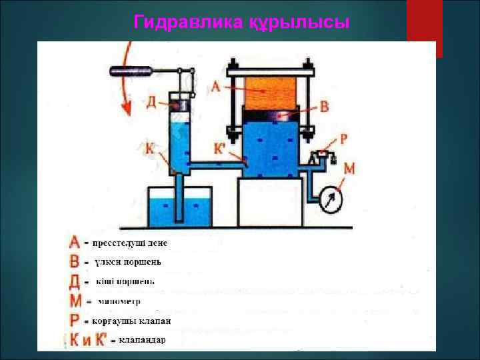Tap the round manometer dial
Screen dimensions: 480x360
[x=329, y=199]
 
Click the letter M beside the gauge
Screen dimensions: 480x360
[x=349, y=169]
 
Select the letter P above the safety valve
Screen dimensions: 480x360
[x=343, y=139]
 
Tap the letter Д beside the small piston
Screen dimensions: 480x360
[x=152, y=102]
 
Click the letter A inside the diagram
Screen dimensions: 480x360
[x=215, y=86]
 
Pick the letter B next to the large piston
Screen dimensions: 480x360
[x=324, y=106]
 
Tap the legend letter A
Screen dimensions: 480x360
[x=75, y=241]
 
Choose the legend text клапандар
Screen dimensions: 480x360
[x=142, y=341]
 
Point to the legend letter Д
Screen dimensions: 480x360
[x=75, y=281]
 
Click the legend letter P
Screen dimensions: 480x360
[x=75, y=321]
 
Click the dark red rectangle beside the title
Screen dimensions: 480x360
[x=425, y=27]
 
